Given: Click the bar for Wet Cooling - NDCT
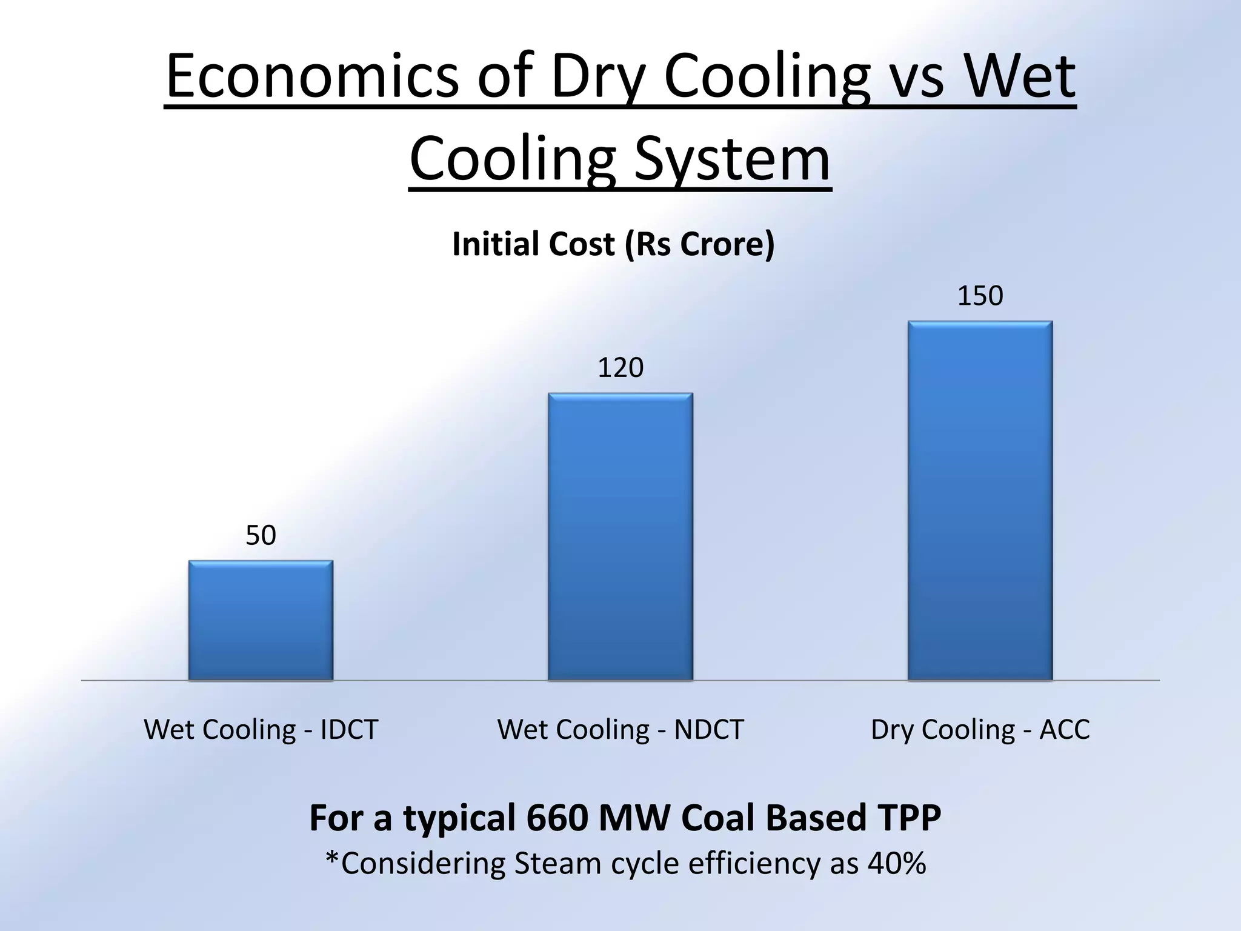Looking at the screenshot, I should pos(620,536).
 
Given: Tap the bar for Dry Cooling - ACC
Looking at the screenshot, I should pos(980,500).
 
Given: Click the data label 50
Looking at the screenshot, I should pos(261,536).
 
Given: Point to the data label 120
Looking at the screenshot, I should pos(620,368).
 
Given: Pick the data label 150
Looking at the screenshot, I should pos(980,296).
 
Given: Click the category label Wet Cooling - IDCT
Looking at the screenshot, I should pos(261,729).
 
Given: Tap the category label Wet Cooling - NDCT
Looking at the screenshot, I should pos(620,729).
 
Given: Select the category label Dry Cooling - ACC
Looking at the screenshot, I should pos(980,729).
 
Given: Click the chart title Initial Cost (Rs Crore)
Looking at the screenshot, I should pos(613,244).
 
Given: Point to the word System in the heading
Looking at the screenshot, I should pos(732,159).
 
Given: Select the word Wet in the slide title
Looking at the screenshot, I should pos(1020,77).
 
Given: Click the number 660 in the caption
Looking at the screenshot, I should pos(557,818).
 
